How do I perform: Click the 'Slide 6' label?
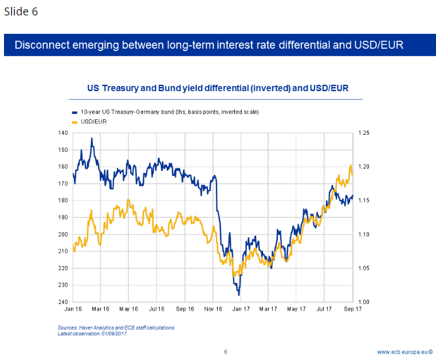[21, 11]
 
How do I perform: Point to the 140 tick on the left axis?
[63, 133]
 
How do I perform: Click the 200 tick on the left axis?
[63, 234]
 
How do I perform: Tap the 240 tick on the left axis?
[63, 302]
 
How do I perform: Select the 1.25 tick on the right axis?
[363, 133]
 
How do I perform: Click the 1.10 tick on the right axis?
[363, 234]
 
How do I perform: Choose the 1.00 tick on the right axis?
[363, 302]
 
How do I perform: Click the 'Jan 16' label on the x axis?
[72, 309]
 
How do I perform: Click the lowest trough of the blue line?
[238, 295]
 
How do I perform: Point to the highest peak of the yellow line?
[351, 166]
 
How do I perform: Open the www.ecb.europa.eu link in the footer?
[402, 351]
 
